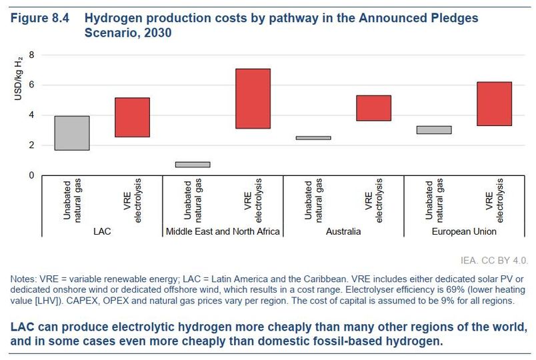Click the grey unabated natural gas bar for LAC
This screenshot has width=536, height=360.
(x=72, y=133)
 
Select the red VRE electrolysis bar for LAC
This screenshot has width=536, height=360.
(x=132, y=117)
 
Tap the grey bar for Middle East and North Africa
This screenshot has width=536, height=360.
(x=193, y=164)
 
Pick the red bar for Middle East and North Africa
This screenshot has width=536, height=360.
(x=253, y=99)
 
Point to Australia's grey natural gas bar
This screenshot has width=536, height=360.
(x=313, y=138)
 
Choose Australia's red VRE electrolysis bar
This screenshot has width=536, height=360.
(x=373, y=108)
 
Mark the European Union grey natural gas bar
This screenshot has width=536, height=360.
(x=434, y=130)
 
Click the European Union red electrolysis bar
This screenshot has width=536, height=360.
(x=494, y=104)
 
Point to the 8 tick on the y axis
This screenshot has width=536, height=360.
(x=31, y=55)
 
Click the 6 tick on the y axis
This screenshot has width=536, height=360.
(x=31, y=85)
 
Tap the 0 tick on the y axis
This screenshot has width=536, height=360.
(x=31, y=175)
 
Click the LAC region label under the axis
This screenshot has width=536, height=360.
(x=102, y=232)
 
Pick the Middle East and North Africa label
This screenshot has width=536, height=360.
(x=223, y=232)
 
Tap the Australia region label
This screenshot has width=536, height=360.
(x=344, y=232)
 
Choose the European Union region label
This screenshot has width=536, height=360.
(x=464, y=232)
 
